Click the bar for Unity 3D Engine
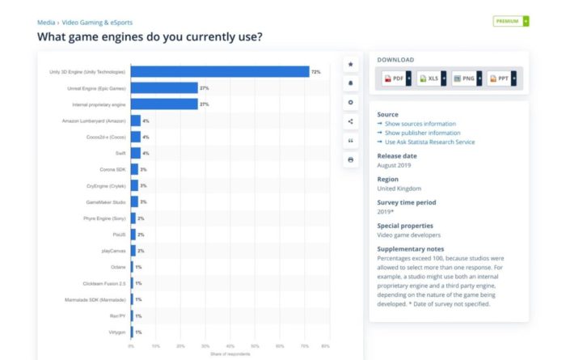pyautogui.click(x=220, y=72)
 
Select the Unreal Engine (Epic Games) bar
pyautogui.click(x=164, y=88)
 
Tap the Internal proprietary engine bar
pyautogui.click(x=164, y=104)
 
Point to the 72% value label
pyautogui.click(x=316, y=72)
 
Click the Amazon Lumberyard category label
pyautogui.click(x=93, y=121)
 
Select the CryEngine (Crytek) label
pyautogui.click(x=105, y=185)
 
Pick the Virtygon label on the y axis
pyautogui.click(x=114, y=332)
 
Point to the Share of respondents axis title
pyautogui.click(x=228, y=354)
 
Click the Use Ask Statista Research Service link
pyautogui.click(x=429, y=142)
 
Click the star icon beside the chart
pyautogui.click(x=350, y=64)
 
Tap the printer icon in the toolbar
pyautogui.click(x=350, y=159)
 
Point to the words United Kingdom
pyautogui.click(x=399, y=188)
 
